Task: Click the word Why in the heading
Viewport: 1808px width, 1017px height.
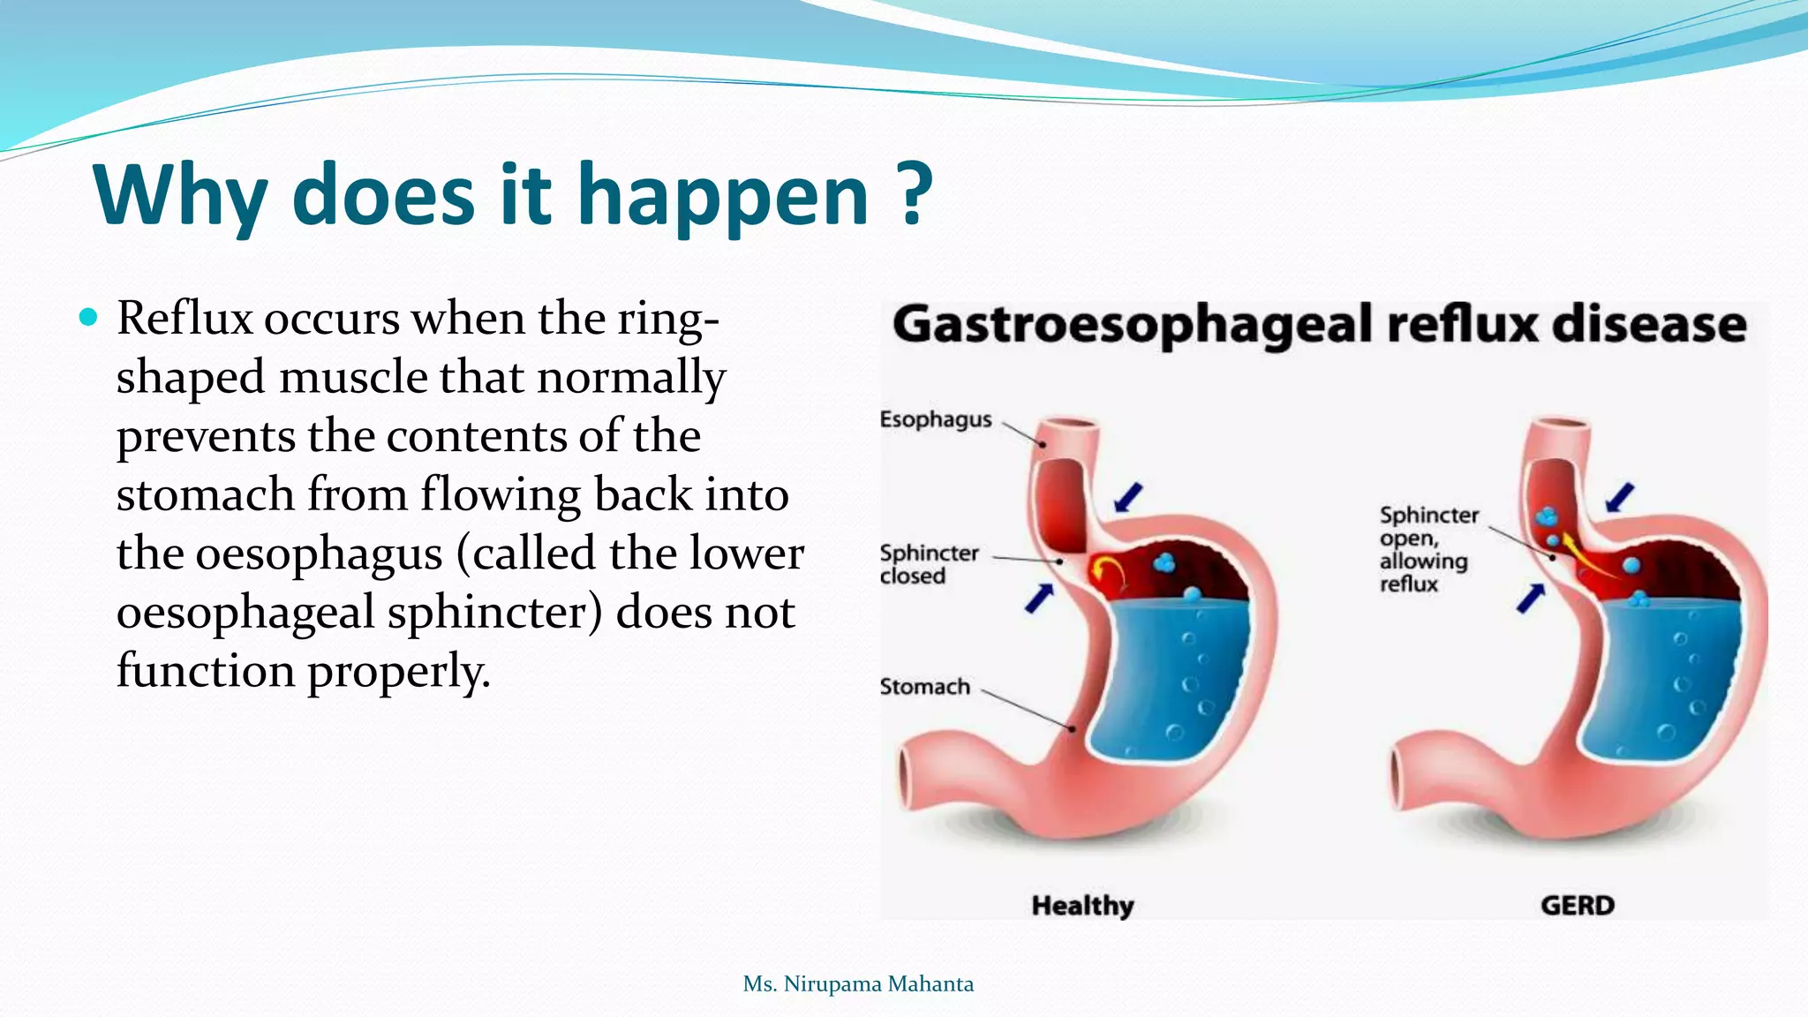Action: tap(180, 196)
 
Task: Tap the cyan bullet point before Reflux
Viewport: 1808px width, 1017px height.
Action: tap(88, 317)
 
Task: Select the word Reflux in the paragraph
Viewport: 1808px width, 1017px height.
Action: tap(185, 318)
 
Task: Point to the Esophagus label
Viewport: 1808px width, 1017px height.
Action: tap(936, 419)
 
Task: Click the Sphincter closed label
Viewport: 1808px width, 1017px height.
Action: tap(929, 564)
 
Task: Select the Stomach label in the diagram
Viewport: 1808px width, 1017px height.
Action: tap(924, 686)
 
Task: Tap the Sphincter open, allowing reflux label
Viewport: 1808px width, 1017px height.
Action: tap(1428, 549)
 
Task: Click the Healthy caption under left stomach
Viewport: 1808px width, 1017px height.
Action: tap(1082, 905)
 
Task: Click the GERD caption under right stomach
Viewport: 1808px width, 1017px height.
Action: tap(1577, 905)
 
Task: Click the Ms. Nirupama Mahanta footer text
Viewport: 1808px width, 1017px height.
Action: tap(858, 983)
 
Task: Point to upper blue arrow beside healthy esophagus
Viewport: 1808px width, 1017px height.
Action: tap(1128, 497)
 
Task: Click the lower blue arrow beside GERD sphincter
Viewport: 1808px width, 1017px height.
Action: tap(1531, 599)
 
